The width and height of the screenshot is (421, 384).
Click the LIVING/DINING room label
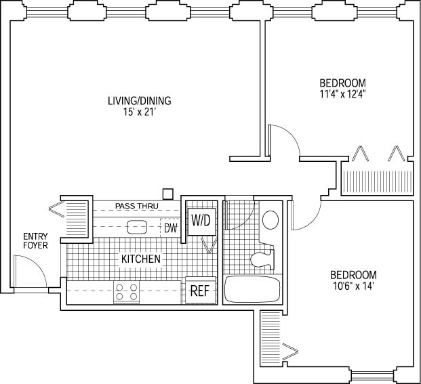(x=139, y=101)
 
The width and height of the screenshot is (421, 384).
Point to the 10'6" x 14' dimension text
(x=353, y=286)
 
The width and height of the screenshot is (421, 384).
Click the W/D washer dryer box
(x=201, y=220)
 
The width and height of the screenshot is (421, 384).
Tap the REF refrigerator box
(x=199, y=291)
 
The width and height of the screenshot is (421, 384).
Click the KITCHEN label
(x=141, y=259)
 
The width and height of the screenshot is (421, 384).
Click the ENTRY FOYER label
(x=35, y=240)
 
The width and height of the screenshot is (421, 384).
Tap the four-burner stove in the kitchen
(x=127, y=292)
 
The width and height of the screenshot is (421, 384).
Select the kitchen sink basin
(x=138, y=227)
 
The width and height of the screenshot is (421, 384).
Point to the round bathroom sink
(x=270, y=219)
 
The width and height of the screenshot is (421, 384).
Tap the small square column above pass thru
(x=169, y=192)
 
